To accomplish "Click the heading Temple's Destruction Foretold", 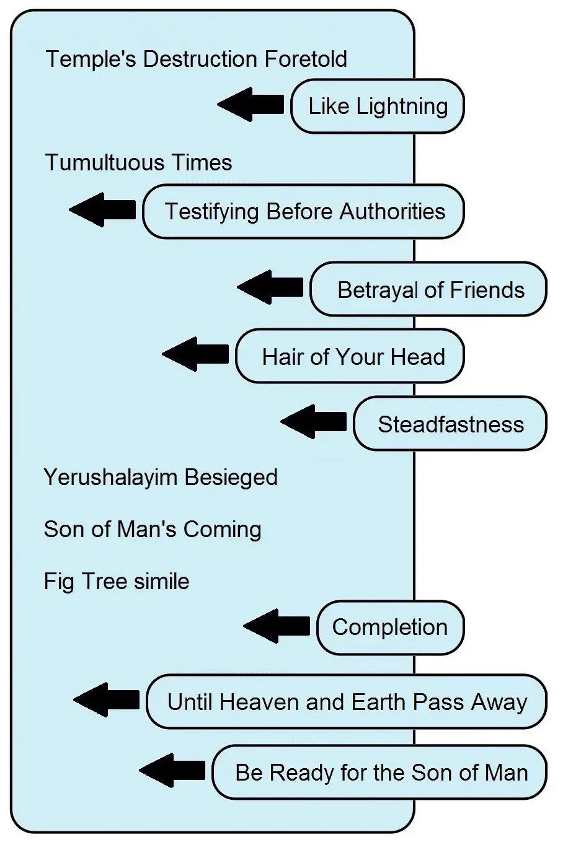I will coord(196,59).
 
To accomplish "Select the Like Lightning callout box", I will coord(378,106).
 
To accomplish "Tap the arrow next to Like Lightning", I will coord(251,104).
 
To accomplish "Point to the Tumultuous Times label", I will coord(138,163).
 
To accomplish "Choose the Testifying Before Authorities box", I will coord(304,211).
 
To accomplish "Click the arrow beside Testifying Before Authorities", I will coord(103,209).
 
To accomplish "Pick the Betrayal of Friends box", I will coord(429,289).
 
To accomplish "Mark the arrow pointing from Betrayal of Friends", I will coord(271,287).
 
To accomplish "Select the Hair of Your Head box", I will coord(350,356).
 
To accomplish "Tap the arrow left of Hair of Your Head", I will coord(196,354).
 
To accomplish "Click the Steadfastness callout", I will coord(450,424).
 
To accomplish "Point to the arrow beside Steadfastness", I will coord(314,422).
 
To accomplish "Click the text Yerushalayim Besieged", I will coord(161,478).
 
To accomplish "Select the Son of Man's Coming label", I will coord(153,530).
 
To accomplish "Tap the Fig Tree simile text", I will coord(117,582).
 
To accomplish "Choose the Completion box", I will coord(390,627).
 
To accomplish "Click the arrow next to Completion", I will coord(277,626).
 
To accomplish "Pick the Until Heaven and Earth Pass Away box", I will coord(347,702).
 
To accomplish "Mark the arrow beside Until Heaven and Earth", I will coord(107,700).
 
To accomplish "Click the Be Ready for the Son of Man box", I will coord(380,773).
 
